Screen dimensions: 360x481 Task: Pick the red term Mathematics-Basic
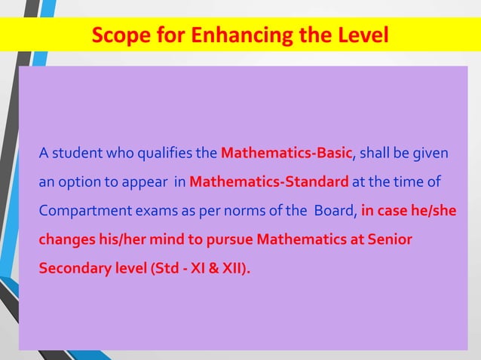point(286,154)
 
